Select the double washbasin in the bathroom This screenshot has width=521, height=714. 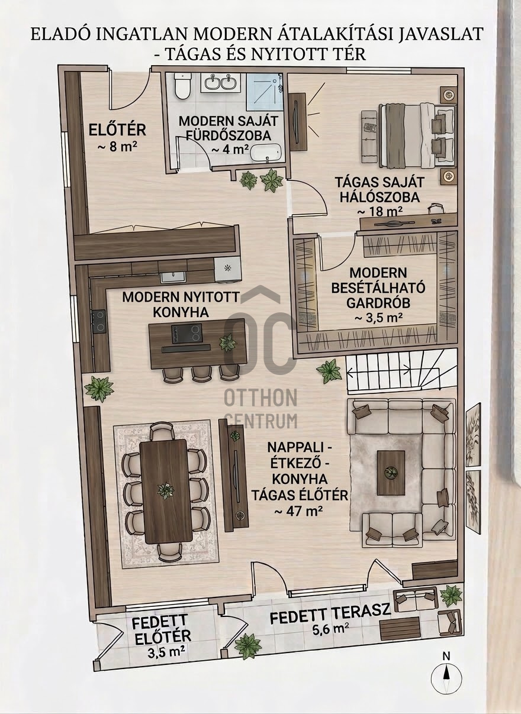[x=220, y=82]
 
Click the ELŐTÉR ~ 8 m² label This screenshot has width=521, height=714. [x=117, y=138]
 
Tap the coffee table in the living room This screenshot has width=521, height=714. [x=391, y=477]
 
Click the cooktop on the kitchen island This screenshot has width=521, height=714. [x=186, y=334]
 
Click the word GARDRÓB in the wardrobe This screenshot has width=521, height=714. [x=378, y=302]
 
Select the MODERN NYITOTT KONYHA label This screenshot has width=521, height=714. [x=181, y=305]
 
